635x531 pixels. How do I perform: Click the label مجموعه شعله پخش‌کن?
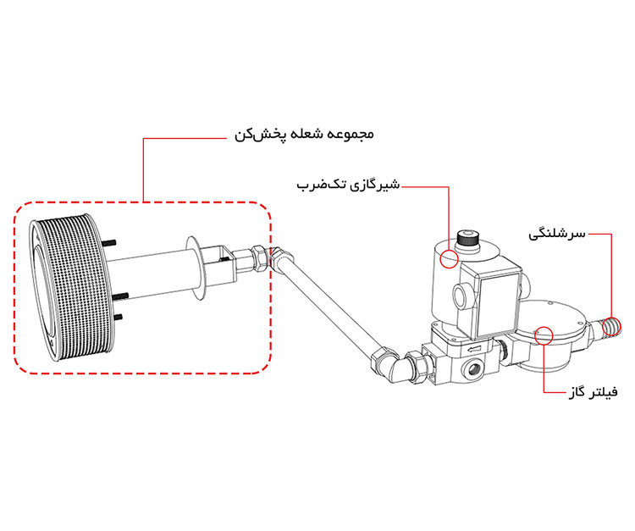302,135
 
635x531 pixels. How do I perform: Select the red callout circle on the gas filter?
542,337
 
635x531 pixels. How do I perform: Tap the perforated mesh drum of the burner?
72,288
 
